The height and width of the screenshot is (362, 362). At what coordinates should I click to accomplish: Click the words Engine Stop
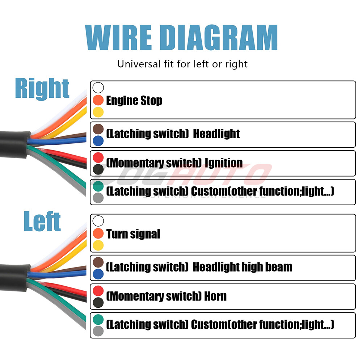tap(134, 100)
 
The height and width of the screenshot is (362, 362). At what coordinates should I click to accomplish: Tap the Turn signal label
tap(133, 234)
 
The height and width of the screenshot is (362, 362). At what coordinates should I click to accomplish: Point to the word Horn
tap(215, 296)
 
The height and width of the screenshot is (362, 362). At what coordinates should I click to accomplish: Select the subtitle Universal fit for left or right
tap(182, 64)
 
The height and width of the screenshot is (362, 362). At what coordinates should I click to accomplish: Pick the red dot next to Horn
tap(98, 291)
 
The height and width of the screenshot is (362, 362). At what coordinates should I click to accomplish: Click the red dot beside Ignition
tap(98, 157)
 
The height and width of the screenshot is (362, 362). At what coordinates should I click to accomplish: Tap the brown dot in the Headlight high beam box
tap(98, 262)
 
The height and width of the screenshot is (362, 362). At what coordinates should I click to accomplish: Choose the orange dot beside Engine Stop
tap(98, 100)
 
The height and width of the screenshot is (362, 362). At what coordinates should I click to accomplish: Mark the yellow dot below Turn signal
tap(98, 246)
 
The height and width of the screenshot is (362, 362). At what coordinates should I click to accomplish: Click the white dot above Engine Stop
tap(98, 88)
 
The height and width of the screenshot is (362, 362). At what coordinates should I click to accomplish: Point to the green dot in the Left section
tap(98, 319)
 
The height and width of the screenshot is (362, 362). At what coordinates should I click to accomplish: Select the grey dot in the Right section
tap(98, 198)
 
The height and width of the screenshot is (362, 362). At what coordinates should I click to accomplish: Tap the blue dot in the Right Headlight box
tap(98, 141)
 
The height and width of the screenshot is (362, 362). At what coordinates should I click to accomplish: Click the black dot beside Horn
tap(98, 303)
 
